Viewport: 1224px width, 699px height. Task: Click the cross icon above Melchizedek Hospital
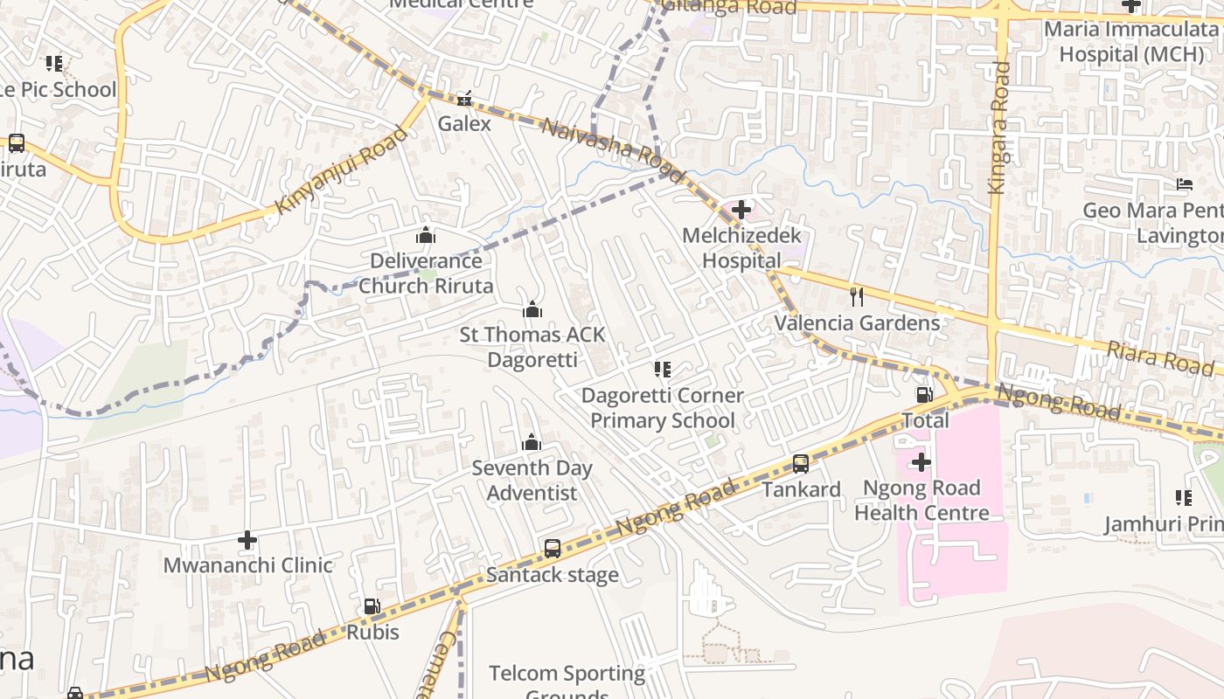tap(741, 210)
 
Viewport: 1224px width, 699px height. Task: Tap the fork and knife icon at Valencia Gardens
tap(857, 297)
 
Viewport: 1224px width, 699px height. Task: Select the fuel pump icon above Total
tap(924, 395)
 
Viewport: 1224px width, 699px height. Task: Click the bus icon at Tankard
tap(801, 464)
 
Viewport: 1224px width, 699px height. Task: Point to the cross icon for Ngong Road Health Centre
tap(921, 462)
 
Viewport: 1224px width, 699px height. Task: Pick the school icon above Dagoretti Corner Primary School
tap(663, 370)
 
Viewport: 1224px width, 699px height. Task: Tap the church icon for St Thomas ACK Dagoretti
tap(532, 309)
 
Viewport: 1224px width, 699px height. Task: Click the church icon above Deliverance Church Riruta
tap(426, 235)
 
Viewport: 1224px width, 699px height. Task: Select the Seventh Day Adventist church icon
tap(532, 443)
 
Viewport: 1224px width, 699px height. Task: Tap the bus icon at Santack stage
tap(553, 549)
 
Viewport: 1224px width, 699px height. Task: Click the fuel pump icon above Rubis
tap(372, 606)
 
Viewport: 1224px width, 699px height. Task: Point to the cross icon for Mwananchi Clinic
tap(248, 540)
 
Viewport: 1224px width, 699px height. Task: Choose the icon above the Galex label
tap(465, 98)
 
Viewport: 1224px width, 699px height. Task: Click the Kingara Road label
tap(998, 128)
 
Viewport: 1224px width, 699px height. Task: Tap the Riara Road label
tap(1161, 358)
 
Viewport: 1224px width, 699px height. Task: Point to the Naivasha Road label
tap(613, 150)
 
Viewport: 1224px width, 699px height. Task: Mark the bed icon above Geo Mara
tap(1185, 184)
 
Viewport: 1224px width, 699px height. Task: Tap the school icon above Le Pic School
tap(54, 64)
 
